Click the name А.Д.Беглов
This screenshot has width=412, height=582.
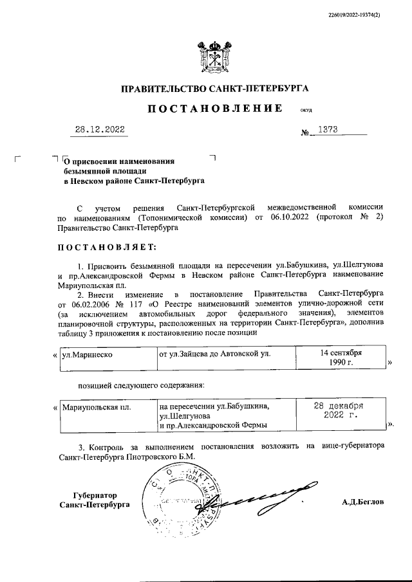[x=362, y=502]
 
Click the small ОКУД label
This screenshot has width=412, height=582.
[x=306, y=110]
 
